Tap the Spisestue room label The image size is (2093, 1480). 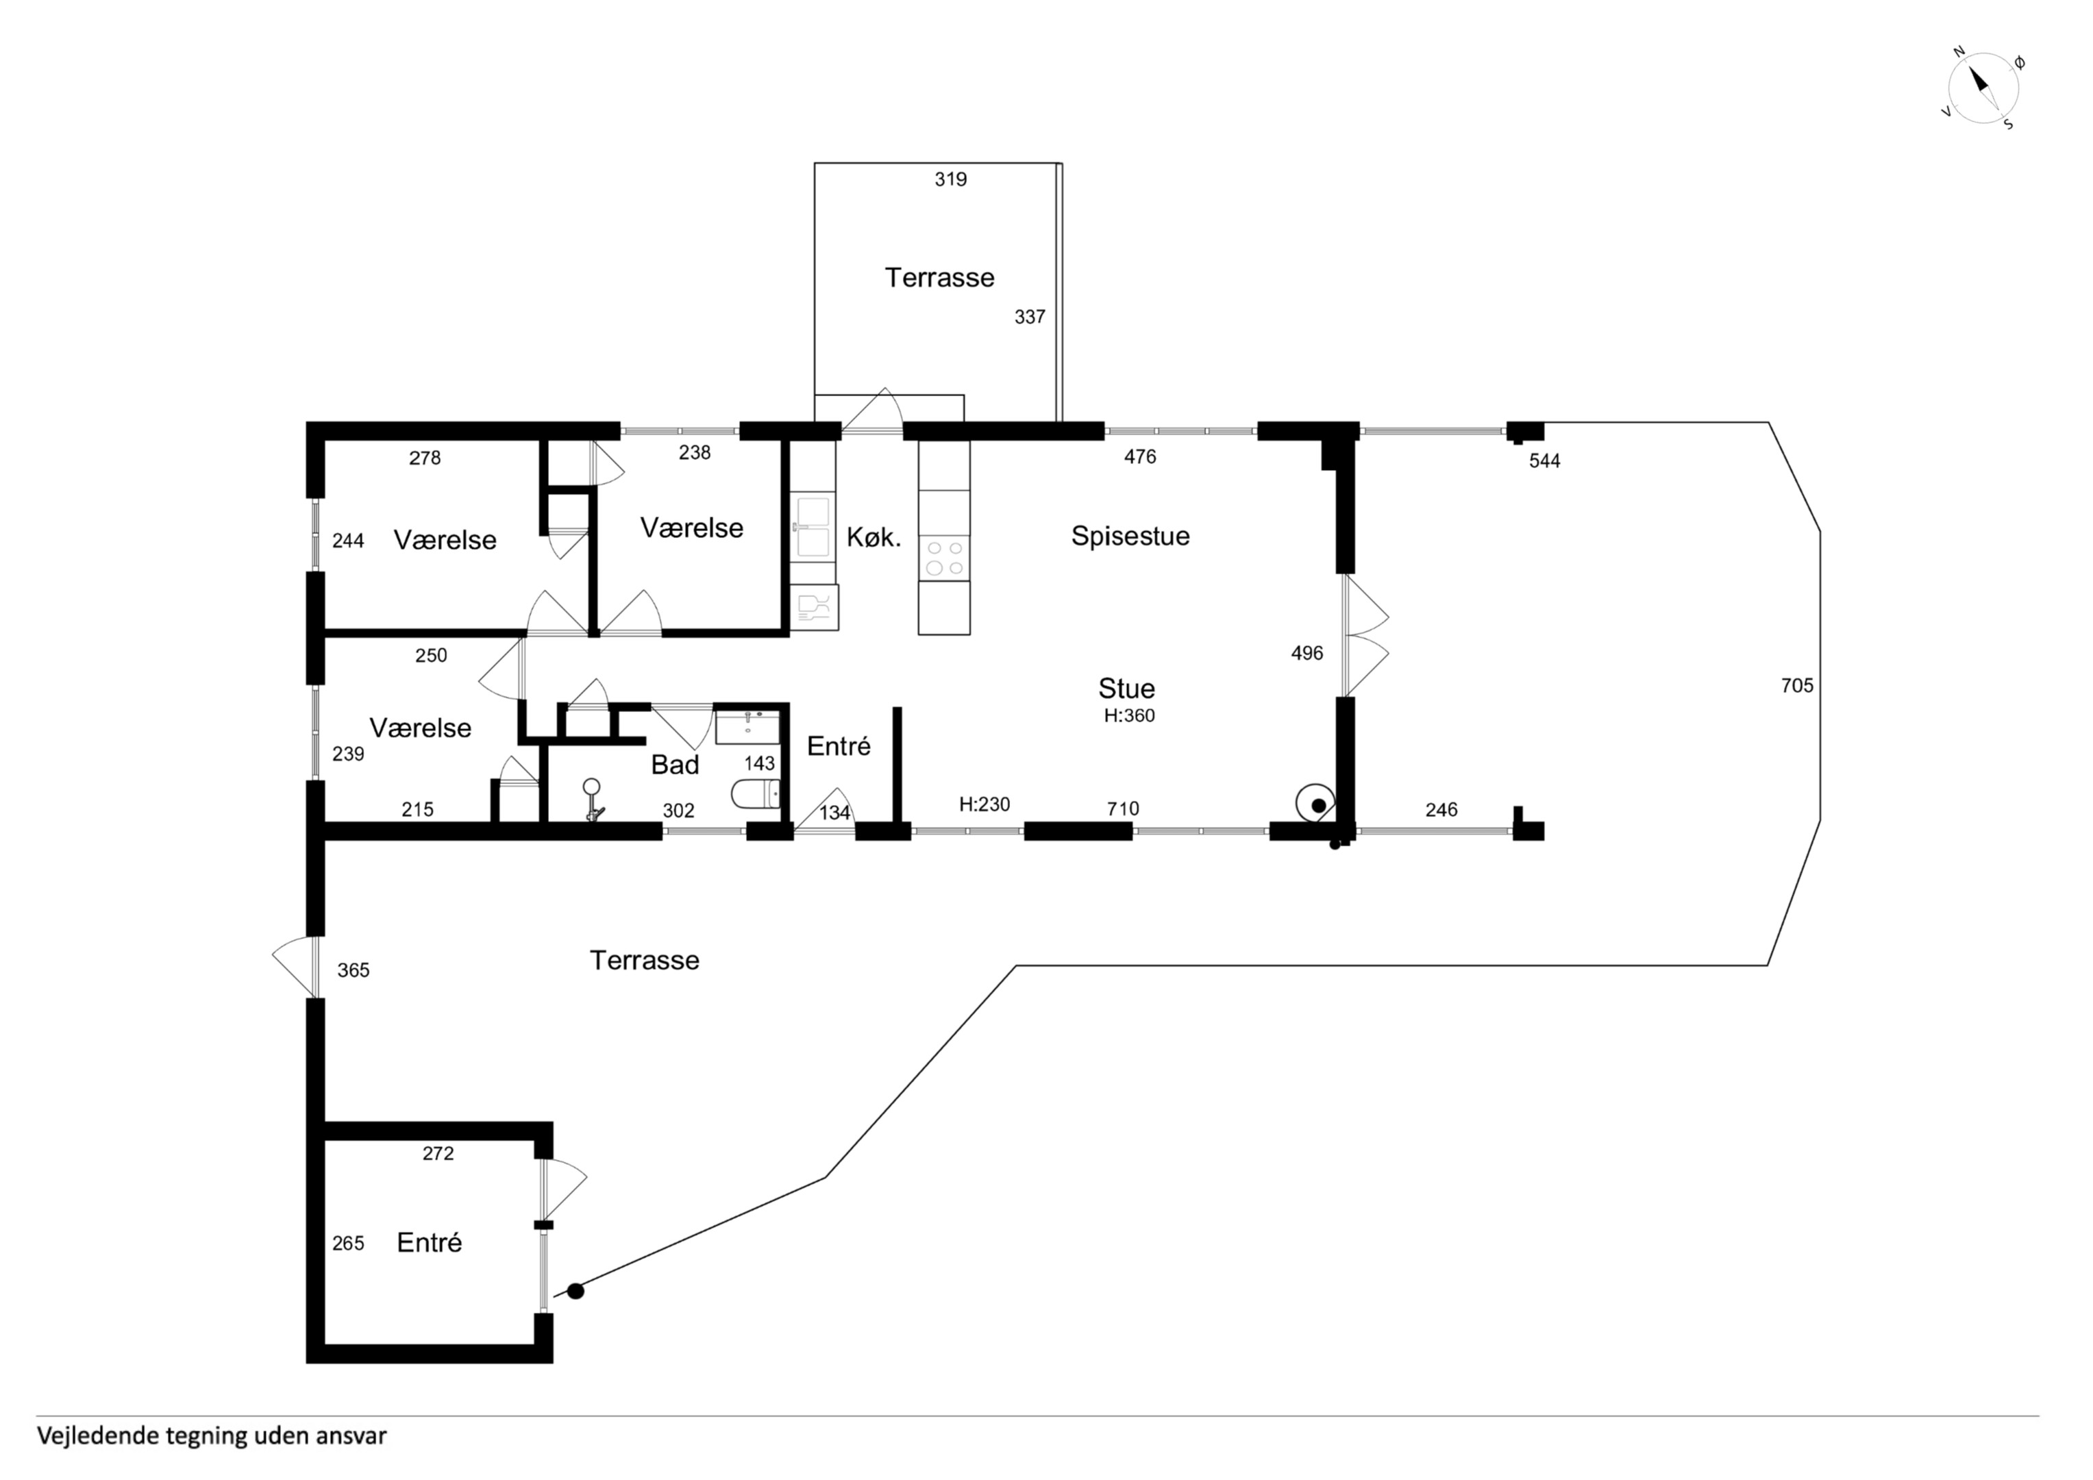[1130, 536]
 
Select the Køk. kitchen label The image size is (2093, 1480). [874, 538]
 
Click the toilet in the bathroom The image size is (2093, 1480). [756, 794]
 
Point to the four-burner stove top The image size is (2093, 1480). [944, 558]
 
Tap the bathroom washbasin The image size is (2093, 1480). [747, 727]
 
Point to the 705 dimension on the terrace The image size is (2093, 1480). [1797, 686]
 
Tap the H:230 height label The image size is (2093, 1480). [984, 804]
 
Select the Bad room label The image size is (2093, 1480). [675, 765]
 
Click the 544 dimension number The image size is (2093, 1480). [1544, 461]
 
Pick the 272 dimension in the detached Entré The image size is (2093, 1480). [438, 1154]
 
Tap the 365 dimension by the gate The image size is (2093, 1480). [353, 970]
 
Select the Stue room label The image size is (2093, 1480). [1127, 689]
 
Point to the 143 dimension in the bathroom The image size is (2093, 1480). [759, 763]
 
